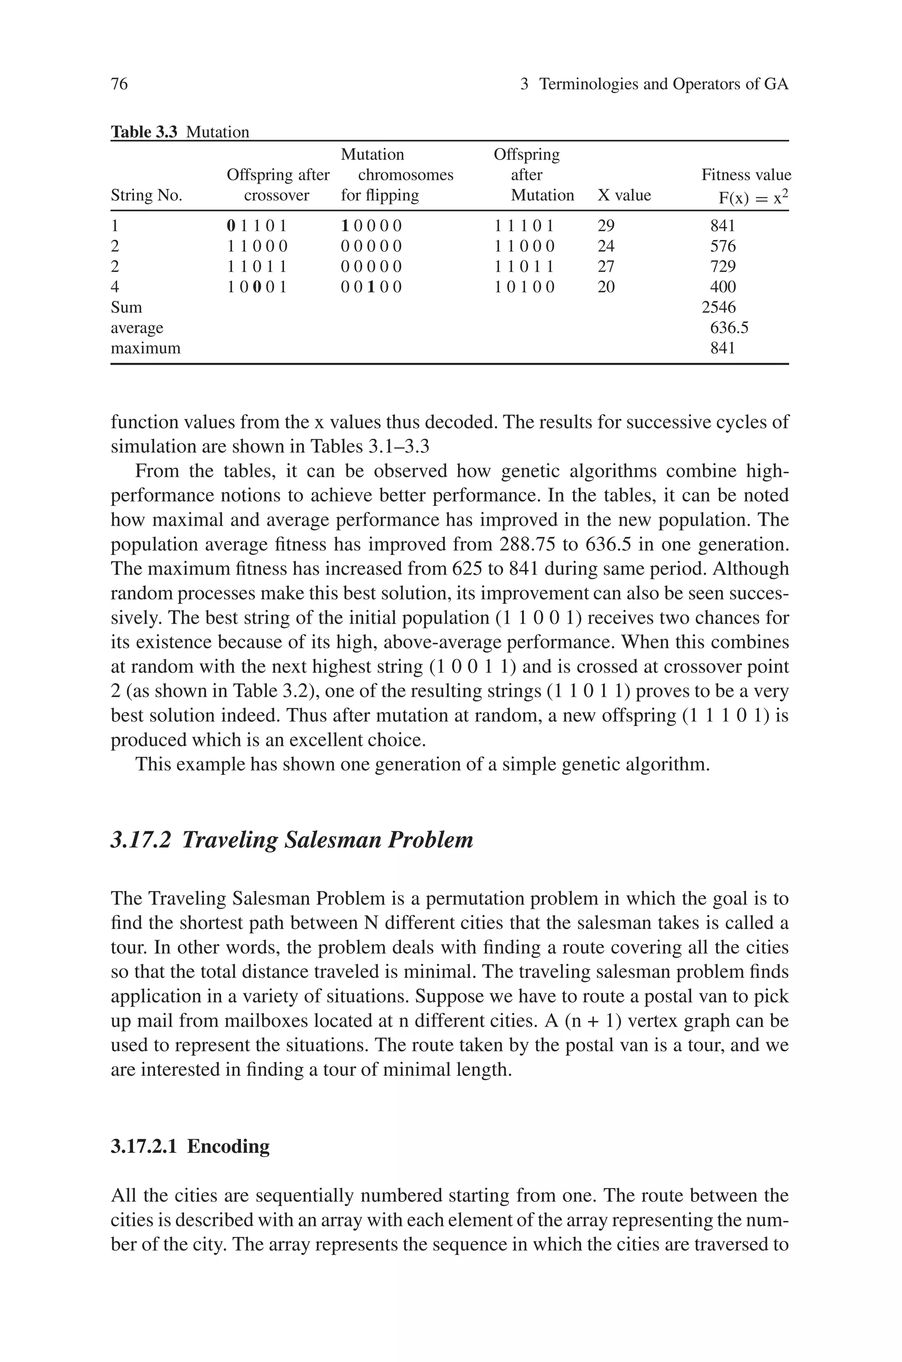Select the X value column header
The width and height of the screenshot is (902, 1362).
tap(624, 196)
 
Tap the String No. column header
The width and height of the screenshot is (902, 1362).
tap(146, 196)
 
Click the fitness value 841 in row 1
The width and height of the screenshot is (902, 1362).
tap(722, 226)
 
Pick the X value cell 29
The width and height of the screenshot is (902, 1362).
tap(606, 226)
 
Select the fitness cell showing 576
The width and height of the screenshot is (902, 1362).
tap(722, 246)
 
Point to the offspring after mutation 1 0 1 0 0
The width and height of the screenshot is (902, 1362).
tap(525, 287)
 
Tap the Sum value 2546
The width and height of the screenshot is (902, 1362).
tap(718, 307)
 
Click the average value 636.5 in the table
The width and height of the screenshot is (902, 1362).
tap(729, 328)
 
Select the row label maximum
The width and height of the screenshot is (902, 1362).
tap(145, 348)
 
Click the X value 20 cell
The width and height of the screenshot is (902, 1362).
tap(606, 287)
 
